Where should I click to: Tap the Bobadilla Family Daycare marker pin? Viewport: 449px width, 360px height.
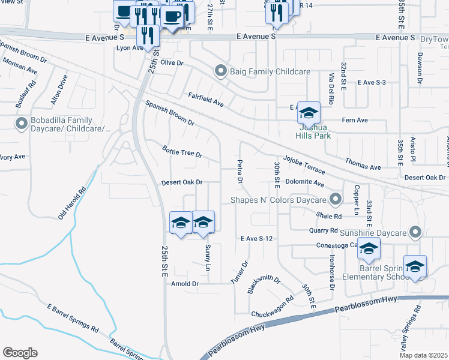click(x=22, y=124)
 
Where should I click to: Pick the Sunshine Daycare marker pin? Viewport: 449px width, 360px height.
click(x=415, y=232)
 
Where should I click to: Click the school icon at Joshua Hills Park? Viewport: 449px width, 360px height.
click(x=309, y=113)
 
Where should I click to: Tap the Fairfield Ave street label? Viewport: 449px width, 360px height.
click(x=206, y=100)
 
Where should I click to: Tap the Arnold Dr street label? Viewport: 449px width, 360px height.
click(x=185, y=283)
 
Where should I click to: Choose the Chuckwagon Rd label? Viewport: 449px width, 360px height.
click(x=273, y=307)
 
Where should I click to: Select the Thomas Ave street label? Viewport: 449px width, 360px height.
click(x=363, y=164)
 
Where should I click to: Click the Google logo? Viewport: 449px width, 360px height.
click(x=20, y=353)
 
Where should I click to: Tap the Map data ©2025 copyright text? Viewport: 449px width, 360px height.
click(x=424, y=355)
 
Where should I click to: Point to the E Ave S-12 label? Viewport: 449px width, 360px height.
click(x=257, y=239)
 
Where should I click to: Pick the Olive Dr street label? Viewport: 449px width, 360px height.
click(x=170, y=62)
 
